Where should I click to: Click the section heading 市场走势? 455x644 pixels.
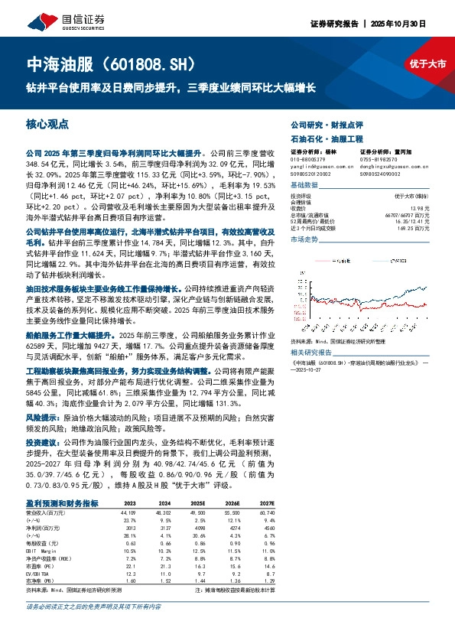tap(305, 239)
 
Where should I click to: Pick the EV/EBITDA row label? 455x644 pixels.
tap(38, 573)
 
